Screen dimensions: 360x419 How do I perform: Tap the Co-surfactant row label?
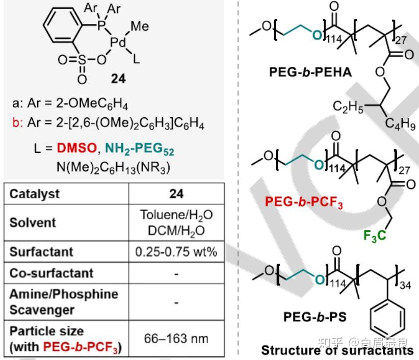(x=45, y=273)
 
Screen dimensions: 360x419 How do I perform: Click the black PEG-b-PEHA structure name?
(x=310, y=72)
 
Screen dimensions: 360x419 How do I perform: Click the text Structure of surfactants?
(x=337, y=350)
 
